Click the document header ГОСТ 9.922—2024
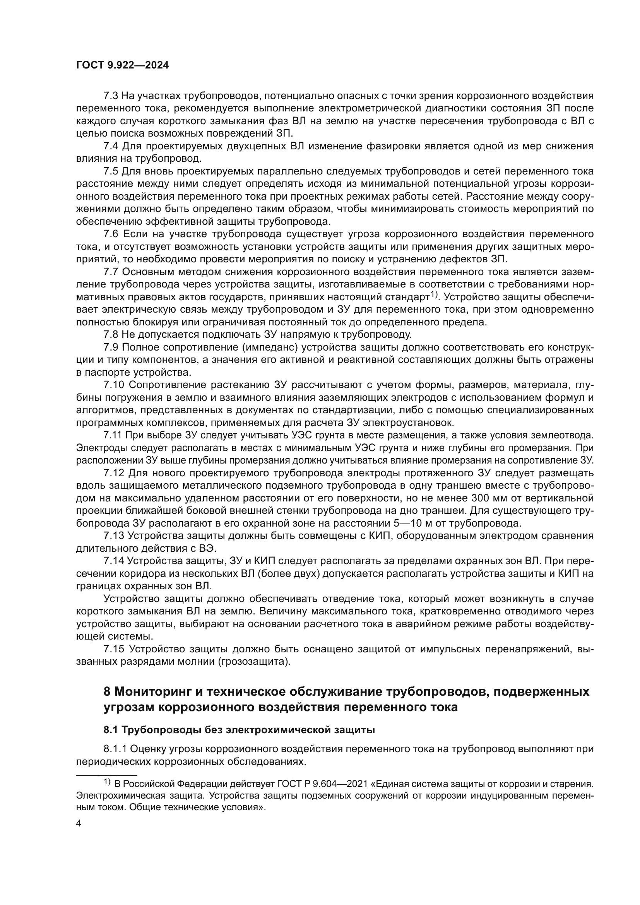tap(122, 65)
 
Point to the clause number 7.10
tap(114, 385)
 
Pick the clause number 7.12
tap(114, 473)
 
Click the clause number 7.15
tap(114, 649)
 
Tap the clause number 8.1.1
tap(115, 749)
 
